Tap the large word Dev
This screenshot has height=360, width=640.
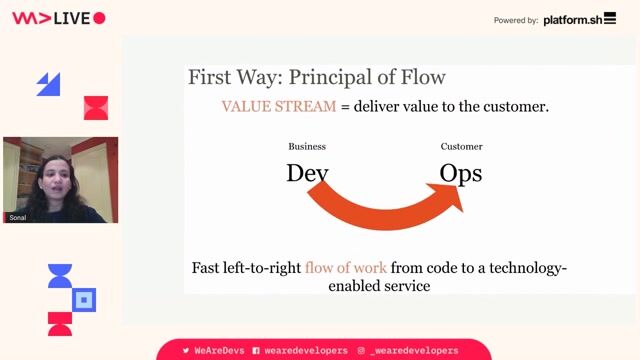click(307, 173)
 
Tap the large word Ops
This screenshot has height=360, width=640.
click(461, 173)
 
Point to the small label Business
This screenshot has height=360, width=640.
click(307, 147)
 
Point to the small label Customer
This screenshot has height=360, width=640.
click(461, 147)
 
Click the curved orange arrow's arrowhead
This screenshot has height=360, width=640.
click(452, 197)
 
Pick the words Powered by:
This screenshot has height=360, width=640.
click(516, 20)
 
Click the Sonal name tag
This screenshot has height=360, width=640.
click(18, 216)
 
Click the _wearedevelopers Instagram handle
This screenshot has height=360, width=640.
click(414, 351)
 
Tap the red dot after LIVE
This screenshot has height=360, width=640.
click(99, 19)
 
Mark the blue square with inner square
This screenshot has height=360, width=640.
click(85, 299)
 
